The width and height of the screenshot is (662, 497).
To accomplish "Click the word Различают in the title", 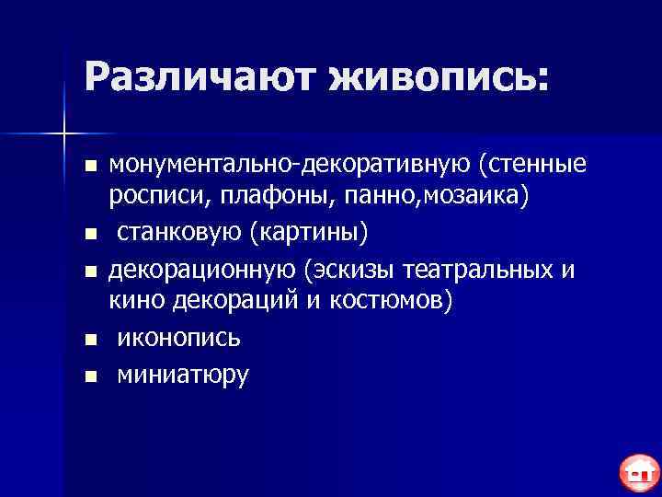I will (x=193, y=76).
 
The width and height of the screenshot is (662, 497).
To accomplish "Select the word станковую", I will (x=175, y=233).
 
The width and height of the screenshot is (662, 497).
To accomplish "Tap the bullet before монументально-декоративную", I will (x=89, y=167).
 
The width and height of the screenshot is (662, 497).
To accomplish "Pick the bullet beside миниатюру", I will (x=89, y=375).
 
